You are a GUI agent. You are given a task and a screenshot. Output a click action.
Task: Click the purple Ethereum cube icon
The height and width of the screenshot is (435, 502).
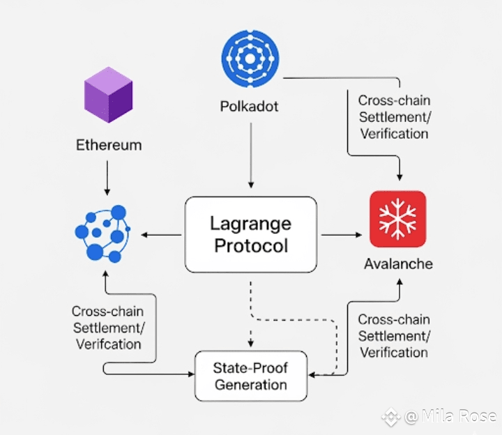point(108,95)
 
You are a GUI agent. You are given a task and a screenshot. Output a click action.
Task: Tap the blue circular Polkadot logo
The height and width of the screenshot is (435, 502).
point(250,59)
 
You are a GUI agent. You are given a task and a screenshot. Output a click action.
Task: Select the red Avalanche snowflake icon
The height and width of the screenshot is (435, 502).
point(397,219)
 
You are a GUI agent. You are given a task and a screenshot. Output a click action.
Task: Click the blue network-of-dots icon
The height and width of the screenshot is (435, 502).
point(102,234)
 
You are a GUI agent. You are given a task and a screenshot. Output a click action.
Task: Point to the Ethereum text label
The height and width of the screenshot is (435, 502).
point(109,145)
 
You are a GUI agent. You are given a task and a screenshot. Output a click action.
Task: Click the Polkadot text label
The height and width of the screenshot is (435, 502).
point(249,106)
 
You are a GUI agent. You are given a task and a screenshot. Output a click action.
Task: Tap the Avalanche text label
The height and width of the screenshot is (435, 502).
point(398,264)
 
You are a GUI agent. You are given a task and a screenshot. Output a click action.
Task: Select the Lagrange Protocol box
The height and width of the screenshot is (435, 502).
point(251,235)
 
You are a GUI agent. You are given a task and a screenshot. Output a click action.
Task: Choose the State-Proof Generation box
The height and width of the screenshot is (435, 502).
point(251,376)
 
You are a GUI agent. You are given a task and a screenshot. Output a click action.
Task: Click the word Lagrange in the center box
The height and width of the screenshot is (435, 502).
point(251,224)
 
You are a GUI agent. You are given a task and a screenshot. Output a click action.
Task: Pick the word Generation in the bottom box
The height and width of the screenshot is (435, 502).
point(251,385)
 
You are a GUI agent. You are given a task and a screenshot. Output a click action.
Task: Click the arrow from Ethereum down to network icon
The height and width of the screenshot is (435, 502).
point(107,178)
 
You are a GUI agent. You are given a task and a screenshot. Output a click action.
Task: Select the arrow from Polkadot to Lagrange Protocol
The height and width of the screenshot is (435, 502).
point(251,155)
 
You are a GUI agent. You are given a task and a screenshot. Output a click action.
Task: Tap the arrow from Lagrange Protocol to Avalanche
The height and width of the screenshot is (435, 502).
point(341,235)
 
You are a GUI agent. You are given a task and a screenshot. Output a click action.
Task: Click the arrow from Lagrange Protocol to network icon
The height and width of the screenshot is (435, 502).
point(161,235)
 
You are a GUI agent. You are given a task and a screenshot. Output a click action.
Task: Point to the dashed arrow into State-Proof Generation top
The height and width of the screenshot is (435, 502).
point(251,314)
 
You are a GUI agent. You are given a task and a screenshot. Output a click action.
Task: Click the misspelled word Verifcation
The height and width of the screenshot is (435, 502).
point(109,344)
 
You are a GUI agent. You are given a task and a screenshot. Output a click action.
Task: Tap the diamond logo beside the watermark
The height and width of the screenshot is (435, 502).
point(390,417)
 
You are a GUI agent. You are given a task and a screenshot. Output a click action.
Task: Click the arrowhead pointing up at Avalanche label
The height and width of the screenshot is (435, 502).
point(400,282)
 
